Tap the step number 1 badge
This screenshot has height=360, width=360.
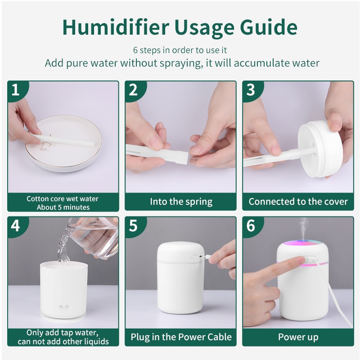pos(16,90)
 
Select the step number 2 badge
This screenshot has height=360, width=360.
pos(133,90)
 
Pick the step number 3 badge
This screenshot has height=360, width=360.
pos(251,90)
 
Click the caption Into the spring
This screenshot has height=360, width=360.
pos(181,202)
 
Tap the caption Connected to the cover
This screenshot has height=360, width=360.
pos(298,202)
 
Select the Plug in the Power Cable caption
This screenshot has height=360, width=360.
pos(181,337)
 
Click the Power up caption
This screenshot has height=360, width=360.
pos(298,337)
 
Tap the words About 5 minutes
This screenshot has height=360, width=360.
pos(63,207)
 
